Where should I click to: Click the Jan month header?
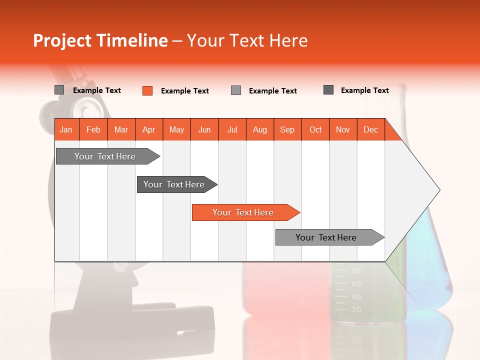pyautogui.click(x=66, y=129)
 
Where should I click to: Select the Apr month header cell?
pyautogui.click(x=148, y=129)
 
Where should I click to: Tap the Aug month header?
pyautogui.click(x=259, y=129)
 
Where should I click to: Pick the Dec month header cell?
pyautogui.click(x=370, y=129)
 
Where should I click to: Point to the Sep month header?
pyautogui.click(x=287, y=129)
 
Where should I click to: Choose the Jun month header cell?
pyautogui.click(x=204, y=129)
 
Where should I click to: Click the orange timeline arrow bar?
pyautogui.click(x=243, y=212)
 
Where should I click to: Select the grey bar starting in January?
pyautogui.click(x=105, y=156)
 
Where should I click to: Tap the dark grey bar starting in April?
pyautogui.click(x=174, y=184)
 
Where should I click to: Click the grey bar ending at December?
pyautogui.click(x=326, y=237)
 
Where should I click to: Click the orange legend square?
pyautogui.click(x=147, y=90)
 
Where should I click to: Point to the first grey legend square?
pyautogui.click(x=59, y=90)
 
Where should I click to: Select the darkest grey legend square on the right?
pyautogui.click(x=328, y=90)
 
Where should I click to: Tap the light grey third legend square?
pyautogui.click(x=236, y=90)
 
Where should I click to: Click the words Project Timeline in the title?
pyautogui.click(x=100, y=40)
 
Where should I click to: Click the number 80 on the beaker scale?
pyautogui.click(x=356, y=271)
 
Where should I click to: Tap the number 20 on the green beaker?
pyautogui.click(x=356, y=309)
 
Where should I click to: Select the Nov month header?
pyautogui.click(x=342, y=129)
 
